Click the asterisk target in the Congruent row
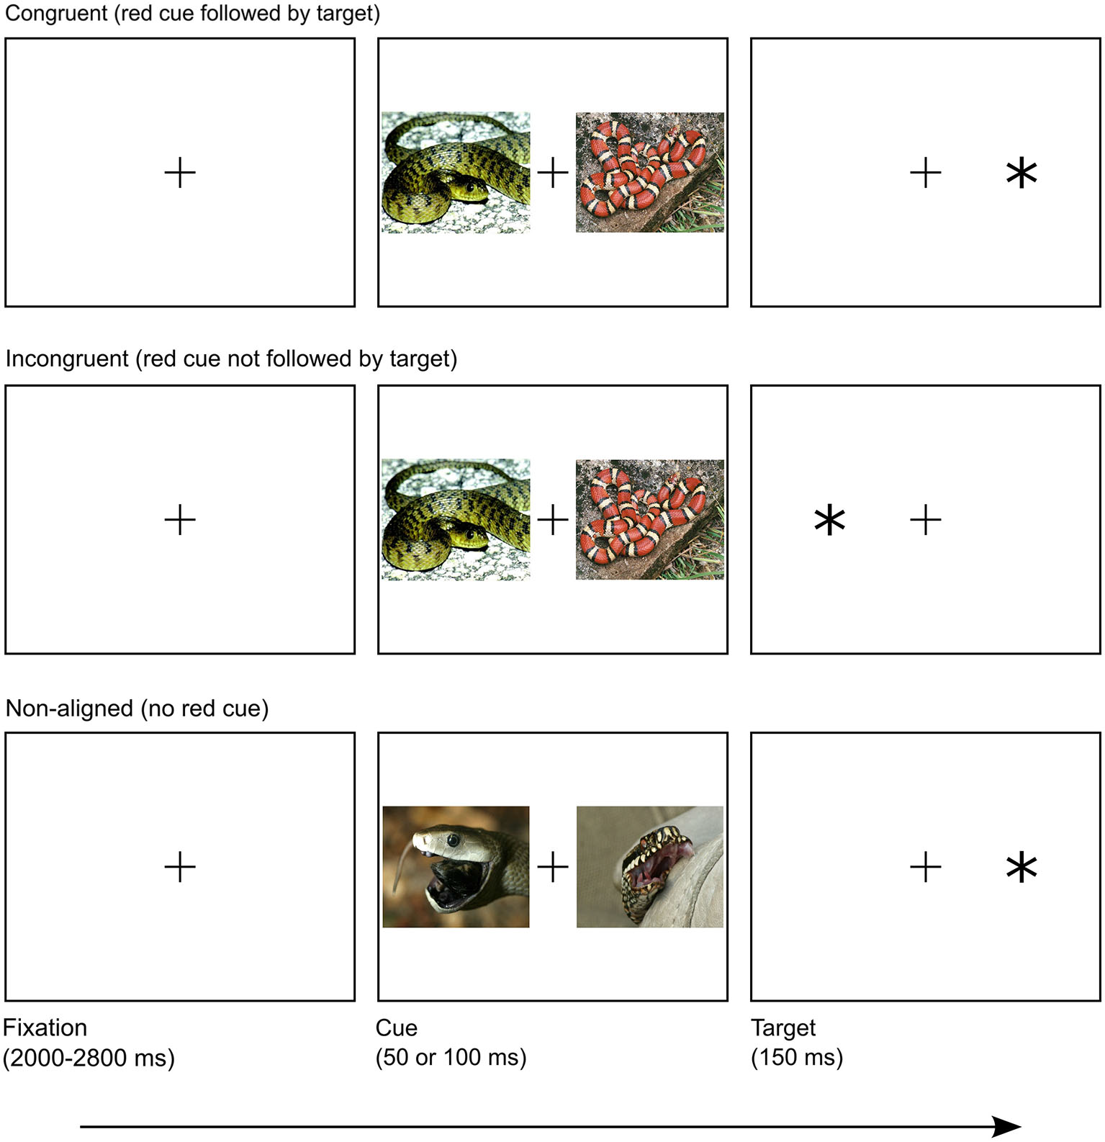1021,174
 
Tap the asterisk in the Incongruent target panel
829,521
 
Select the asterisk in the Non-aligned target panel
1021,867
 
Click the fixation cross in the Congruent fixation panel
180,174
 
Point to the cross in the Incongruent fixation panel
180,520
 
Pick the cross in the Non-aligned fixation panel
180,867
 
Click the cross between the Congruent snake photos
553,174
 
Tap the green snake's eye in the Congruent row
469,187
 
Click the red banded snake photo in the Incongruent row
650,519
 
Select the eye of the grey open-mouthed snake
453,840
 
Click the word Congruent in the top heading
56,14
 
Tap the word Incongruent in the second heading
66,359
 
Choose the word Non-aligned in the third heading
69,709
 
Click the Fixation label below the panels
45,1028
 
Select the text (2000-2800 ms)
89,1058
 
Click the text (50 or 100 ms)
451,1058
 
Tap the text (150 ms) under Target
797,1058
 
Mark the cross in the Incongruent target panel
926,520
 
